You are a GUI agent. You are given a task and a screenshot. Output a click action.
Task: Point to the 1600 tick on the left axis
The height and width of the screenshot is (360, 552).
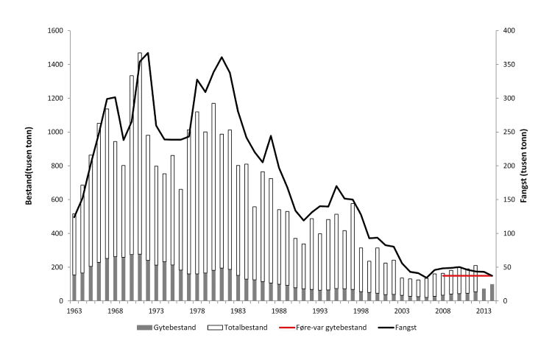click(x=56, y=31)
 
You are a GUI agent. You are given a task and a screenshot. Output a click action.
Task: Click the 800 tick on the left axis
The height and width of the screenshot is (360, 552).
click(x=58, y=166)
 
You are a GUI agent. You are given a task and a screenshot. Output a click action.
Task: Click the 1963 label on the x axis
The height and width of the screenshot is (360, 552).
click(x=74, y=311)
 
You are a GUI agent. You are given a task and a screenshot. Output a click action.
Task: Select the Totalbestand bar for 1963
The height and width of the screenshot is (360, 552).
click(x=74, y=243)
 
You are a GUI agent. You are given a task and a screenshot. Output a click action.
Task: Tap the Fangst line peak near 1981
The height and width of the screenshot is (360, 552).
click(x=222, y=57)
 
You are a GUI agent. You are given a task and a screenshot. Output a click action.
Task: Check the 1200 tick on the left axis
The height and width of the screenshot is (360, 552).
click(x=56, y=98)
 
